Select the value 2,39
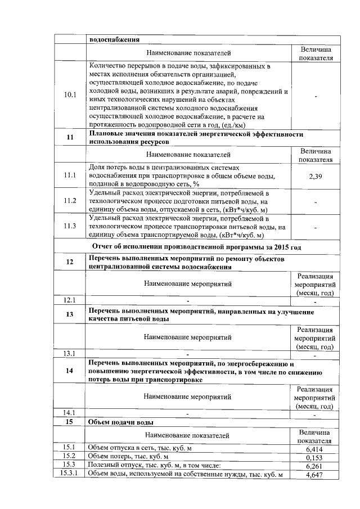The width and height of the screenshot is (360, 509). click(315, 177)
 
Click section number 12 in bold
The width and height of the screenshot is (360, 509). click(70, 262)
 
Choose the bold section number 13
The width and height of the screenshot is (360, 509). click(70, 314)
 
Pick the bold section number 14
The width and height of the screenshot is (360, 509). click(70, 371)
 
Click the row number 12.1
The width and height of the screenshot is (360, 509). click(70, 299)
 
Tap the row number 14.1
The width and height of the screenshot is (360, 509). click(70, 412)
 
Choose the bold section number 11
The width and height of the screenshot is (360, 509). click(70, 138)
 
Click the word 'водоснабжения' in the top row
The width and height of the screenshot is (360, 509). click(114, 39)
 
